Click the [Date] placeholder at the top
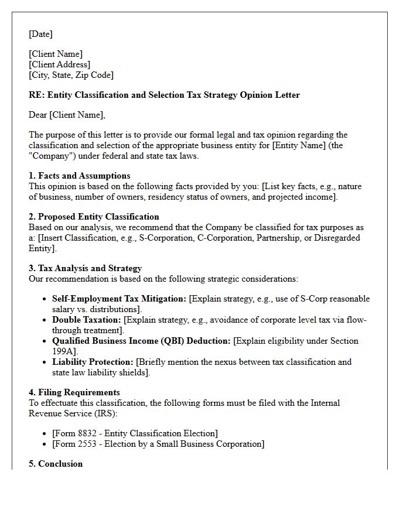click(x=40, y=34)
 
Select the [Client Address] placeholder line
click(x=59, y=64)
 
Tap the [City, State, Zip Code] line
click(x=71, y=75)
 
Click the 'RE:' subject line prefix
click(x=37, y=95)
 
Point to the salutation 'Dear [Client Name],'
click(x=67, y=115)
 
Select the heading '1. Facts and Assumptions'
click(x=80, y=176)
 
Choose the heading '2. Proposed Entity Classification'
click(x=94, y=217)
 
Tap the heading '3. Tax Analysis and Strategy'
click(x=86, y=268)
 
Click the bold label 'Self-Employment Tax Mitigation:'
click(x=119, y=299)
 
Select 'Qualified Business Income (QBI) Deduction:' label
click(x=141, y=341)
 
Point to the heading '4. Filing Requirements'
click(x=74, y=392)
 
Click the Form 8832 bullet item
click(x=135, y=433)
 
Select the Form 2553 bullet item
click(x=158, y=444)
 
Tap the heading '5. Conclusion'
click(x=56, y=464)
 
